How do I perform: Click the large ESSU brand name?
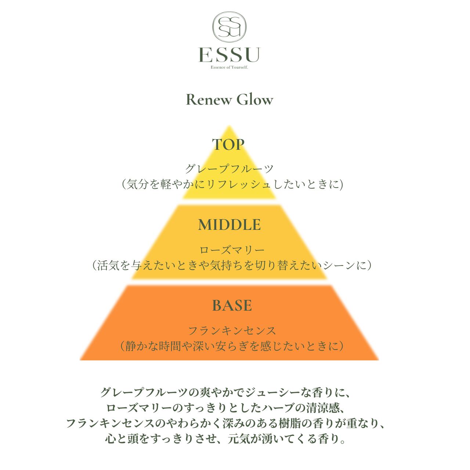tap(229, 55)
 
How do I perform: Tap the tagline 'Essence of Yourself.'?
tap(229, 67)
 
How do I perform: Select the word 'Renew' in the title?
tap(209, 100)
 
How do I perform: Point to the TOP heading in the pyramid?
tap(228, 145)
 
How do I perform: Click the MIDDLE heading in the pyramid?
tap(229, 225)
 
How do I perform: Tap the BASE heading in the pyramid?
tap(232, 305)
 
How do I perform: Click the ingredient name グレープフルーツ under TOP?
tap(229, 169)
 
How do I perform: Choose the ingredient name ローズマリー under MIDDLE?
tap(232, 250)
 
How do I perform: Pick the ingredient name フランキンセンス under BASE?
tap(232, 331)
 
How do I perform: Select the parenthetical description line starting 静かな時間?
tap(232, 346)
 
